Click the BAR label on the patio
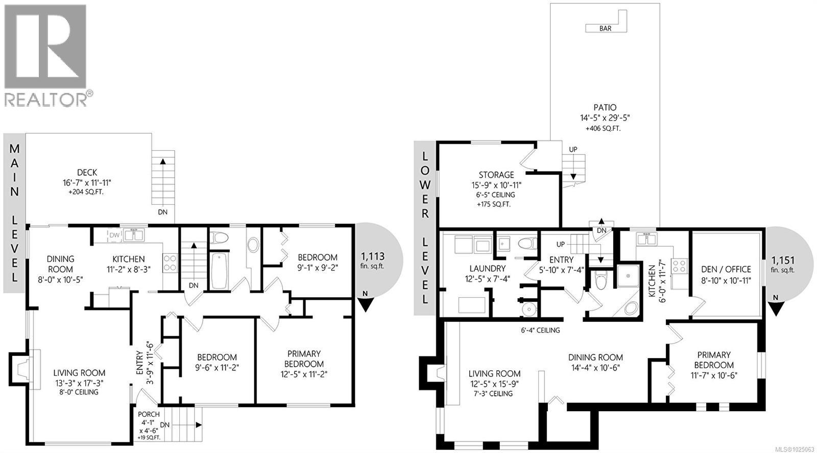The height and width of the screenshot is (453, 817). (x=605, y=29)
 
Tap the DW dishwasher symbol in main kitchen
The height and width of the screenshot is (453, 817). (x=114, y=235)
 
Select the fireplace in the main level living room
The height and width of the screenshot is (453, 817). (x=23, y=368)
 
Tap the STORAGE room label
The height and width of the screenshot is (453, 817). (x=496, y=175)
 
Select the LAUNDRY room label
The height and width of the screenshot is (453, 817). (x=487, y=268)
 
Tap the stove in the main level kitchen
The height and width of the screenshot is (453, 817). (x=170, y=263)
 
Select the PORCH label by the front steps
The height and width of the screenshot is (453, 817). (x=149, y=414)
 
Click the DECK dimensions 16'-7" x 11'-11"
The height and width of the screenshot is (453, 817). (x=87, y=182)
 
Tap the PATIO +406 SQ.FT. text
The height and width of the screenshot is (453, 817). (x=605, y=129)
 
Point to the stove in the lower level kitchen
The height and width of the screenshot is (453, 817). (x=680, y=266)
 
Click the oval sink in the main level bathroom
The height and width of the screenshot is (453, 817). (x=253, y=245)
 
